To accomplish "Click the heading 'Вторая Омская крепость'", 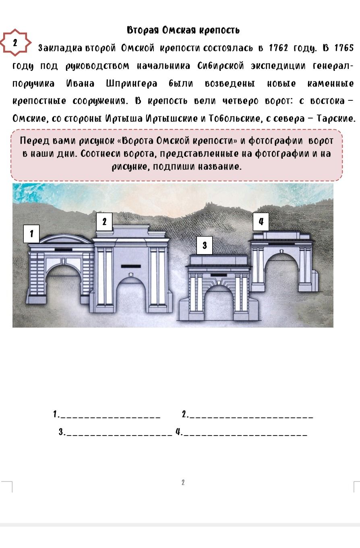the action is [x=183, y=30].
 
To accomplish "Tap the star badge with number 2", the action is [x=15, y=43].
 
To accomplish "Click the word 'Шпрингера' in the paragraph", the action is [x=131, y=84].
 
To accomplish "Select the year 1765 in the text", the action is [x=344, y=48].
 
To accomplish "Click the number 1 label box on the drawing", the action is [x=31, y=234].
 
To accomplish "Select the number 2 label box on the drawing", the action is [x=104, y=222].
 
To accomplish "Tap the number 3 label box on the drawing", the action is [x=205, y=245].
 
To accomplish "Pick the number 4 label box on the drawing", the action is [x=261, y=222].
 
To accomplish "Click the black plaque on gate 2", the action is [x=131, y=266].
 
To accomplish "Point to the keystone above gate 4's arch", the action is [x=282, y=251].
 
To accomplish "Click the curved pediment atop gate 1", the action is [x=66, y=238].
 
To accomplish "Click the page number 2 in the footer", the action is [x=183, y=482].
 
